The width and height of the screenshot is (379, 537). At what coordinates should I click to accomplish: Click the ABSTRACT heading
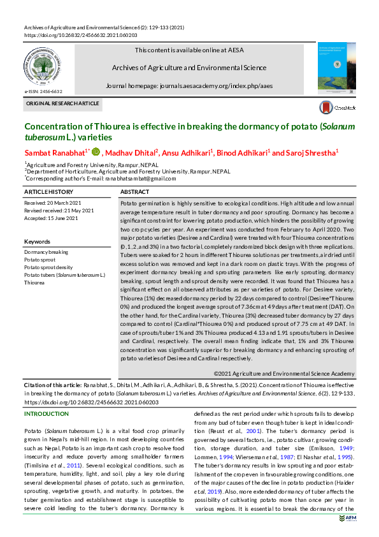(135, 191)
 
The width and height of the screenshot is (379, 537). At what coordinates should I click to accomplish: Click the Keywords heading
(36, 242)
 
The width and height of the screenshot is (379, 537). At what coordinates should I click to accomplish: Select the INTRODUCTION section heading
(46, 414)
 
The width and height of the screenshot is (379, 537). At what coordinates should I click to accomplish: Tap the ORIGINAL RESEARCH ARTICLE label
(62, 103)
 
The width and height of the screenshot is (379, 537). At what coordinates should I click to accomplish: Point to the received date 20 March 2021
(56, 203)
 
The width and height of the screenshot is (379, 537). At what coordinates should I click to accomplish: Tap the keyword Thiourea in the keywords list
(35, 282)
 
